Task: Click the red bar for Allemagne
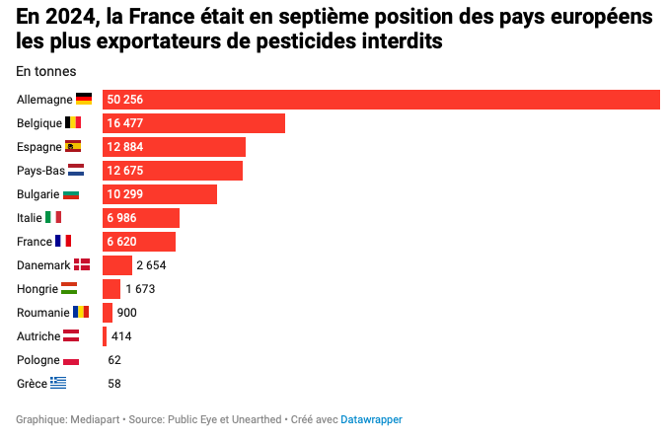(381, 100)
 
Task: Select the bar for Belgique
(193, 123)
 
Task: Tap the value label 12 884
(126, 147)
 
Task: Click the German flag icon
(84, 100)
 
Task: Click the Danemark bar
(116, 265)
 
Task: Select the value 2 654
(152, 265)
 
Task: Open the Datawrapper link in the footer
(371, 419)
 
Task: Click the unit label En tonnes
(46, 71)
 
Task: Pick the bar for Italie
(141, 218)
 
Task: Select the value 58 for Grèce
(114, 384)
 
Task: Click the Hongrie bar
(111, 289)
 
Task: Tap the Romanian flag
(81, 313)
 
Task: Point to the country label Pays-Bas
(40, 171)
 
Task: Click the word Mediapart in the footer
(95, 419)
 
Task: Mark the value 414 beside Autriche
(121, 336)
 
